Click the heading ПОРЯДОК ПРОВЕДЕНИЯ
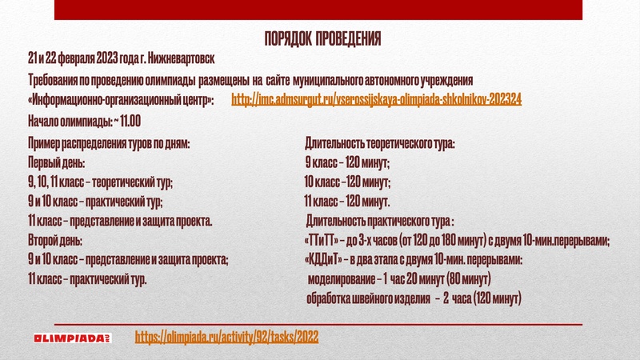tap(322, 39)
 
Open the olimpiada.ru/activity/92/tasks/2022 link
tap(226, 337)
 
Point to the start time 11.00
tap(128, 122)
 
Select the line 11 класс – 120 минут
tap(347, 201)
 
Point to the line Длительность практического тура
tap(381, 221)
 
